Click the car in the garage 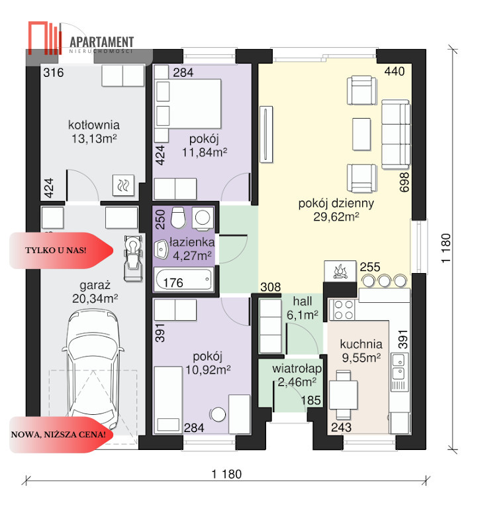click(93, 367)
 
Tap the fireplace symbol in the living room click(340, 271)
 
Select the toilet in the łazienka click(177, 217)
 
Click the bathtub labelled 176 click(184, 280)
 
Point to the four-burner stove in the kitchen click(343, 310)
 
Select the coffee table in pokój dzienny click(361, 134)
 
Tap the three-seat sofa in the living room click(395, 135)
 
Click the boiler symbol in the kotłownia click(123, 186)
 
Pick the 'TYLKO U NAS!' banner click(62, 251)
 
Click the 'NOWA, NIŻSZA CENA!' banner click(62, 435)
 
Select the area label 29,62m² click(336, 217)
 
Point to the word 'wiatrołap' click(297, 368)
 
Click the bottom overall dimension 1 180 click(226, 475)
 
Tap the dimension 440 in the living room click(395, 71)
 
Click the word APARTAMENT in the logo click(101, 42)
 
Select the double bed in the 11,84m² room click(188, 104)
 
